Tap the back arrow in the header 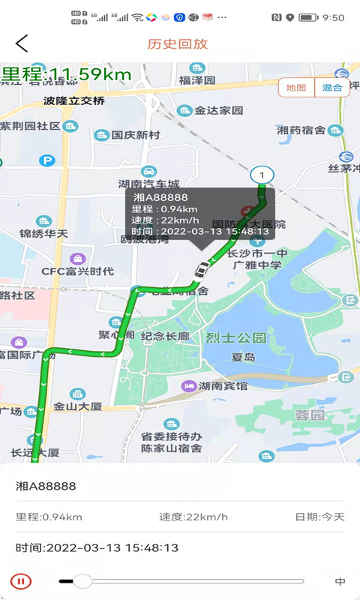pos(22,43)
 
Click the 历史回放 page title pos(178,43)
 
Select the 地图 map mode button pos(296,88)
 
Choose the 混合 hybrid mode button pos(332,88)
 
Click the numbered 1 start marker pos(262,175)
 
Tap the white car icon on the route pos(201,270)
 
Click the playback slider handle pos(82,580)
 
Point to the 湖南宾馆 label pos(223,386)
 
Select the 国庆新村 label pos(136,135)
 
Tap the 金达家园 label pos(219,110)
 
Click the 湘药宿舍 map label pos(301,130)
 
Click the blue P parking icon pos(47,160)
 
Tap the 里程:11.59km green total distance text pos(66,74)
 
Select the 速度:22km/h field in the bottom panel pos(193,517)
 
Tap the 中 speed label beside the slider pos(340,581)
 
